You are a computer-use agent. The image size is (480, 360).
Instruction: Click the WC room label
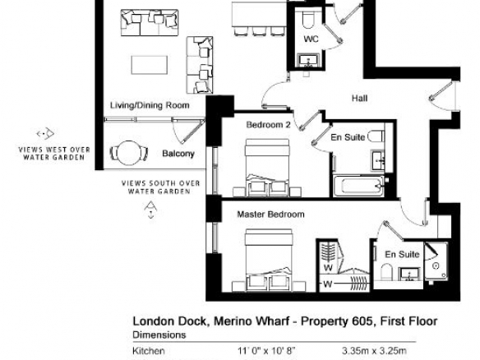click(311, 39)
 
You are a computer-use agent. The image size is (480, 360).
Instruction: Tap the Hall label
click(360, 99)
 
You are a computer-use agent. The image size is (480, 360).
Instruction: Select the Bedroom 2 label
click(268, 125)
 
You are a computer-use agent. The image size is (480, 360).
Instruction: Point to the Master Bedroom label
click(270, 214)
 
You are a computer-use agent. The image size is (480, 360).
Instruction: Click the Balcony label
click(178, 154)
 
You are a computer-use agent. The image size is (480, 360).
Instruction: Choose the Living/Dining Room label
click(150, 105)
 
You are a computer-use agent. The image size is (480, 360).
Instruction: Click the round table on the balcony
click(128, 152)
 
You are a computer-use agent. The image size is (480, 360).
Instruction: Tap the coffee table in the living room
click(150, 65)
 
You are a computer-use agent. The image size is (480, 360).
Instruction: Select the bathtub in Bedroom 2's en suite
click(358, 186)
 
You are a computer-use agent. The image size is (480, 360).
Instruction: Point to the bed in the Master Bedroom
click(268, 260)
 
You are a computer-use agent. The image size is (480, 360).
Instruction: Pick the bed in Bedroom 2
click(267, 168)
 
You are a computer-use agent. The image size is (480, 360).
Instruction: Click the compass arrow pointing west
click(45, 133)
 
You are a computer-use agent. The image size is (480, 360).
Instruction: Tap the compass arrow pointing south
click(150, 210)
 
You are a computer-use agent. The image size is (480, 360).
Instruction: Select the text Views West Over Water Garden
click(54, 154)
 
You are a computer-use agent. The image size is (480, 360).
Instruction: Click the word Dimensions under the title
click(159, 335)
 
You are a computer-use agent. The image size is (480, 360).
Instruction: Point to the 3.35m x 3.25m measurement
click(374, 350)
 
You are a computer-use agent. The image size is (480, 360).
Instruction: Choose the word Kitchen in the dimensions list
click(149, 350)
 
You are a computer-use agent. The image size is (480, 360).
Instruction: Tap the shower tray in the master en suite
click(436, 261)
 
